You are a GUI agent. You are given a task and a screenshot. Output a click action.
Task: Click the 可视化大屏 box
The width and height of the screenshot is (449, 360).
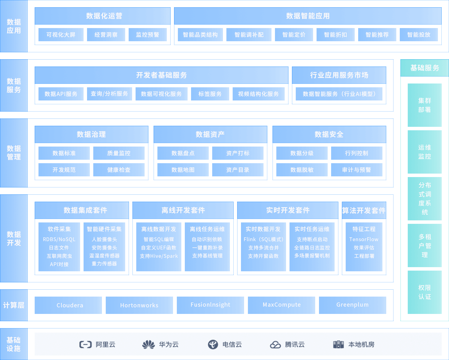[x=61, y=35]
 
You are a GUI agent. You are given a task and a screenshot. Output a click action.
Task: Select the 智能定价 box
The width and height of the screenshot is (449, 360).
[x=294, y=35]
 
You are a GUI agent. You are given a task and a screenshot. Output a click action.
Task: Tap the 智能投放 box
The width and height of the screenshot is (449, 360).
[x=418, y=35]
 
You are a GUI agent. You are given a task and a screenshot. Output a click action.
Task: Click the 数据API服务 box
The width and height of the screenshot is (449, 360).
[x=61, y=94]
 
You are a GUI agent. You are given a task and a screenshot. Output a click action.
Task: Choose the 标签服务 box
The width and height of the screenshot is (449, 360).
[x=210, y=94]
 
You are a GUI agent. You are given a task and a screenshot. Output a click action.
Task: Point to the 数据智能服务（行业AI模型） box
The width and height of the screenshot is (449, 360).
[x=339, y=94]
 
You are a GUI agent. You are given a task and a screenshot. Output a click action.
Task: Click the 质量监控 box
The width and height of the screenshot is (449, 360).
[x=119, y=153]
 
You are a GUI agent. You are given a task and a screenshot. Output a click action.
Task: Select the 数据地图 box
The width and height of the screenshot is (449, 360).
[x=183, y=170]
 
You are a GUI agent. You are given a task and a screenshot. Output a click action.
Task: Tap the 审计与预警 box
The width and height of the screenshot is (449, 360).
[x=356, y=170]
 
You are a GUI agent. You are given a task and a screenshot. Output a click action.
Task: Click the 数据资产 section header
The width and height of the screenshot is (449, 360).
[x=210, y=134]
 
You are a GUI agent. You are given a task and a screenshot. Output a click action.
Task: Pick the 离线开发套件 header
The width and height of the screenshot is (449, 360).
[x=183, y=210]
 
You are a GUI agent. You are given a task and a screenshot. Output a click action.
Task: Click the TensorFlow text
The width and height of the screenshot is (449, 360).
[x=364, y=239]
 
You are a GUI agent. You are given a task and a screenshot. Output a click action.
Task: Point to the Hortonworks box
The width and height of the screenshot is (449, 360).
[x=139, y=305]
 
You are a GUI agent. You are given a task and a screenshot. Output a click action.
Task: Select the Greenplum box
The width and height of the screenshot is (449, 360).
[x=352, y=305]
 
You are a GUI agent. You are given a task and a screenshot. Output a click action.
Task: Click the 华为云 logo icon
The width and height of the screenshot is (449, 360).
[x=148, y=344]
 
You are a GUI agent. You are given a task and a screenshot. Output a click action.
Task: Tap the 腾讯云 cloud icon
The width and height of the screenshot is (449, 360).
[x=275, y=344]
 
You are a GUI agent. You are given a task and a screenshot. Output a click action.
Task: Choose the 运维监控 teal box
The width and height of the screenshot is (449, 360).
[x=424, y=152]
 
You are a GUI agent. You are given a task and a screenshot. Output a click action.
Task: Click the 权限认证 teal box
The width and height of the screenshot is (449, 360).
[x=424, y=292]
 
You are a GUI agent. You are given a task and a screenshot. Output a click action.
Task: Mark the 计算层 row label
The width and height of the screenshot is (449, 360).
[x=14, y=305]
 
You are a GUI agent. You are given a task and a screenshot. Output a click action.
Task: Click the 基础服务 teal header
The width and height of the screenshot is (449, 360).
[x=424, y=68]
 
